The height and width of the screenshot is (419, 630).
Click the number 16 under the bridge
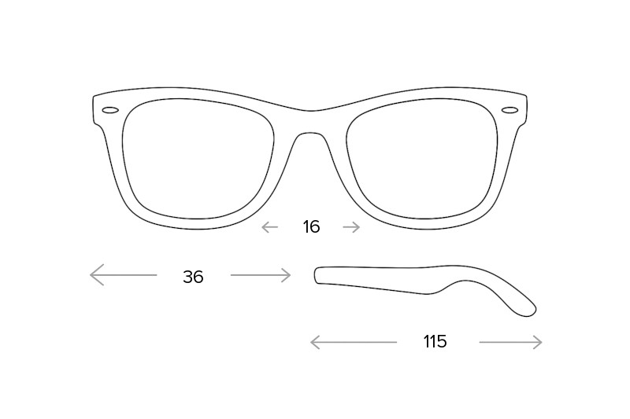[311, 227]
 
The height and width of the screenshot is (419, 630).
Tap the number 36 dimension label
[193, 277]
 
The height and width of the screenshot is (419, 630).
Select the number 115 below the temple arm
[435, 342]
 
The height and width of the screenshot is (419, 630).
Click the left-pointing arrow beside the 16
[269, 227]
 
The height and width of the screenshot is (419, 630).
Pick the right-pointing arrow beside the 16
[351, 227]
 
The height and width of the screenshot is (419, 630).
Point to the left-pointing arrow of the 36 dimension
[124, 274]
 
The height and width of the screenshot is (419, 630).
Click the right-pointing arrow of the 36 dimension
[261, 275]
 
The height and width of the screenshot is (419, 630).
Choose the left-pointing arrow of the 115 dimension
[354, 343]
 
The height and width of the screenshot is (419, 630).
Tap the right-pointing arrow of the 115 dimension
[510, 343]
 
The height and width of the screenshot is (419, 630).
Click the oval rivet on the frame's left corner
[110, 110]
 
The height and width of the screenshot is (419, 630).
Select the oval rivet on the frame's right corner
[510, 110]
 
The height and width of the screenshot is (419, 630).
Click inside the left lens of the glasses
[198, 158]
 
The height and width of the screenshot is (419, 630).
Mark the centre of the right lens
[422, 158]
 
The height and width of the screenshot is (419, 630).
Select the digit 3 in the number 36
[187, 277]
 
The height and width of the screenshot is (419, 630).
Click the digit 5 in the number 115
[442, 342]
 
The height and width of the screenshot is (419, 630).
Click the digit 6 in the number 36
[198, 277]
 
